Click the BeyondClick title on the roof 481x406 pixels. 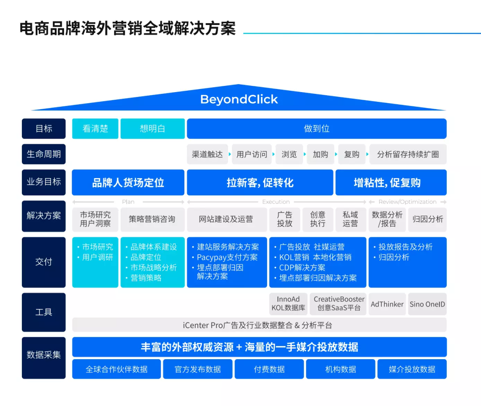click(239, 99)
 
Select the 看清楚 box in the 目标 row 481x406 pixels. click(95, 129)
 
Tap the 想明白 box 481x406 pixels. click(152, 129)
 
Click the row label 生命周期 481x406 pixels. click(44, 154)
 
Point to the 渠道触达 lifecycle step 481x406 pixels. click(207, 154)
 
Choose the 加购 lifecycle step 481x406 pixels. click(320, 154)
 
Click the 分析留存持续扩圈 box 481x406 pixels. click(408, 154)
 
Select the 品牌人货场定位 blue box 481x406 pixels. click(128, 183)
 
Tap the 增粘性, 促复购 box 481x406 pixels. click(391, 183)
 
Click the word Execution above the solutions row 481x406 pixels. click(276, 202)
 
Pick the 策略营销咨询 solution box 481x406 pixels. click(152, 219)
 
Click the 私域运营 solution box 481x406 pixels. click(350, 219)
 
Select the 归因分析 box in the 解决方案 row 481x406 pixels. click(428, 219)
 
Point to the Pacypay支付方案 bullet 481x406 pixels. click(227, 257)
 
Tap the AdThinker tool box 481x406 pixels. click(387, 304)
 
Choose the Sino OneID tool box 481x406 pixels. click(427, 304)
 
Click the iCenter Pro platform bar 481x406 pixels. click(259, 325)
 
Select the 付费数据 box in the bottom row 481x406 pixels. click(269, 369)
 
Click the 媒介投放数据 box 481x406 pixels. click(412, 369)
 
